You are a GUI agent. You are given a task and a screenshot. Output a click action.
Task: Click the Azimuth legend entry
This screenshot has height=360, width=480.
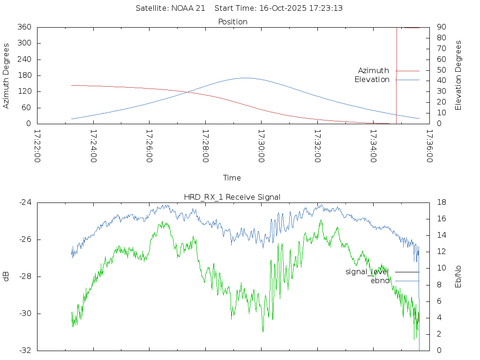pos(374,71)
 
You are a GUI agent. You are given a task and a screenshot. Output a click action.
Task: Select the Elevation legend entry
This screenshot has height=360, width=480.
pos(372,80)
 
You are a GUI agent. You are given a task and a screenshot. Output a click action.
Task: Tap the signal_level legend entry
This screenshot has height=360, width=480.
pos(367,272)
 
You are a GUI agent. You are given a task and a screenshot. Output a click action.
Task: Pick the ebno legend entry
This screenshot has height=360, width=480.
pos(380,281)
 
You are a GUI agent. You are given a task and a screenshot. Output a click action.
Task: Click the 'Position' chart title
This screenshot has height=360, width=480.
pos(232,22)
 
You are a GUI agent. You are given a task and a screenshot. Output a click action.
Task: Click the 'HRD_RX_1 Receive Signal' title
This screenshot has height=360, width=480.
pos(232,197)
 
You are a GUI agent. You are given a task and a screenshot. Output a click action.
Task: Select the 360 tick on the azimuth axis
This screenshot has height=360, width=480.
pos(24,27)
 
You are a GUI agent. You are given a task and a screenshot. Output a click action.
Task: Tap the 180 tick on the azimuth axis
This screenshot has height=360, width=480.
pos(24,75)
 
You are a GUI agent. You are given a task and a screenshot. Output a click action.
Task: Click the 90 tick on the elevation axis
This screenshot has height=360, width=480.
pos(441,27)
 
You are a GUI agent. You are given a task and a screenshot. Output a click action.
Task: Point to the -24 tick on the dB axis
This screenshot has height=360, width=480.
pos(25,202)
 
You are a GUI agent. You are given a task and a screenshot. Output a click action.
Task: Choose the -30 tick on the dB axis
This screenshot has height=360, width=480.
pos(25,314)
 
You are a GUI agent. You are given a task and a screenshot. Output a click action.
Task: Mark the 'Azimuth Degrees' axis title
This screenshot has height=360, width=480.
pos(7,75)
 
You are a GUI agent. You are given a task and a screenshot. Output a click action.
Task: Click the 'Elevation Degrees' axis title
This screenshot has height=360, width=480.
pos(458,75)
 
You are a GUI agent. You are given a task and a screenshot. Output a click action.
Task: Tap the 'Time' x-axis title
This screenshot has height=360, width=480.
pos(232,178)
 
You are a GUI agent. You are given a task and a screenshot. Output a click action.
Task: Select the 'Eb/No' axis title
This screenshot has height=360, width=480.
pos(458,277)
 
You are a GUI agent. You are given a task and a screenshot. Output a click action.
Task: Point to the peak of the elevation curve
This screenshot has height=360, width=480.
pos(245,78)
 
